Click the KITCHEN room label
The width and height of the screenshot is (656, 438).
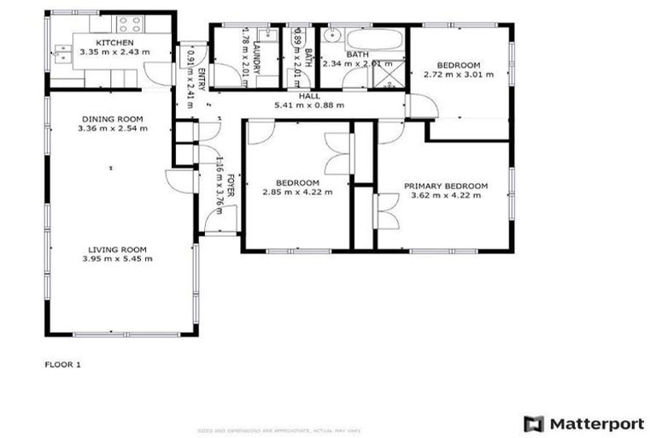pos(114,42)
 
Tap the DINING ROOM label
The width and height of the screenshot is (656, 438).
pos(113,119)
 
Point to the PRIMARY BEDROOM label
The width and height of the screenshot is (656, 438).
pos(445,186)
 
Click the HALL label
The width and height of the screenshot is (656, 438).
pos(309,96)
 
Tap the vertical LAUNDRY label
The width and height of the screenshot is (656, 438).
pos(255,57)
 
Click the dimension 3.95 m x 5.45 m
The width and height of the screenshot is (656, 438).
pos(117,258)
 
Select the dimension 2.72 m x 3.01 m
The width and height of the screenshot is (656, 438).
pos(458,74)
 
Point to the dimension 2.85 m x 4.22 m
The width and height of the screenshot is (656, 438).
pos(297,192)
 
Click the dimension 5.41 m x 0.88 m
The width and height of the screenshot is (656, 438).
pos(309,105)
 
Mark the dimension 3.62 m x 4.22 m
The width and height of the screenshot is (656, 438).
pos(446,195)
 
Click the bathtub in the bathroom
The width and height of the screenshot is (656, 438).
pos(374,39)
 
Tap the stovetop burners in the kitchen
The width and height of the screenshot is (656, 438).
pos(130,23)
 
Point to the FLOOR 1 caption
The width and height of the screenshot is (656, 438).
pos(62,364)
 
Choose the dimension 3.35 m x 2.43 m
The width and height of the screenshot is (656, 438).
pos(114,51)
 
